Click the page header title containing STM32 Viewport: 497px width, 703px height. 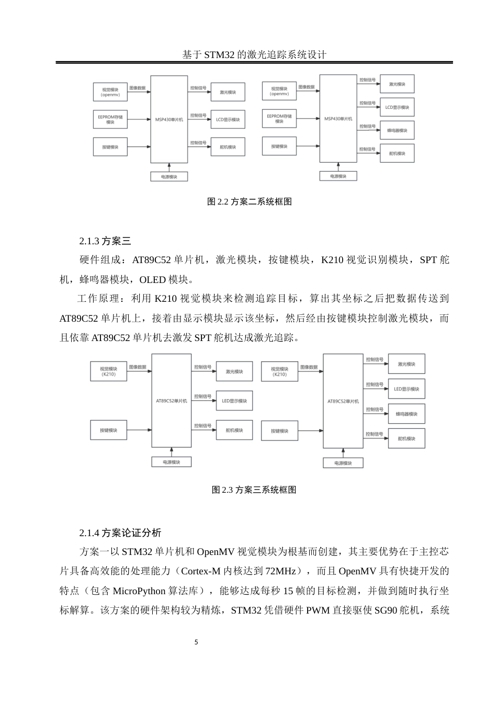point(254,54)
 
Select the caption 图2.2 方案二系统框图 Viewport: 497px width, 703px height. point(250,201)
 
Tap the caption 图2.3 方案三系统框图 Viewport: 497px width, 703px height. point(254,490)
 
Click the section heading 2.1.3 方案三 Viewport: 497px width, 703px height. point(105,241)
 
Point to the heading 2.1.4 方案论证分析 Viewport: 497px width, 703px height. point(120,532)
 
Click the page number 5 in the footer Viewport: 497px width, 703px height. point(196,642)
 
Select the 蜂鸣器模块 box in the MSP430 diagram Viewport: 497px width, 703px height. point(397,130)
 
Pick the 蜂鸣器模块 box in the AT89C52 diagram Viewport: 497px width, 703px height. point(406,414)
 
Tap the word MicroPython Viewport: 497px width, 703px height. point(138,591)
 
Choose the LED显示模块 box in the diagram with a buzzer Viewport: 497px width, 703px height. point(406,389)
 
